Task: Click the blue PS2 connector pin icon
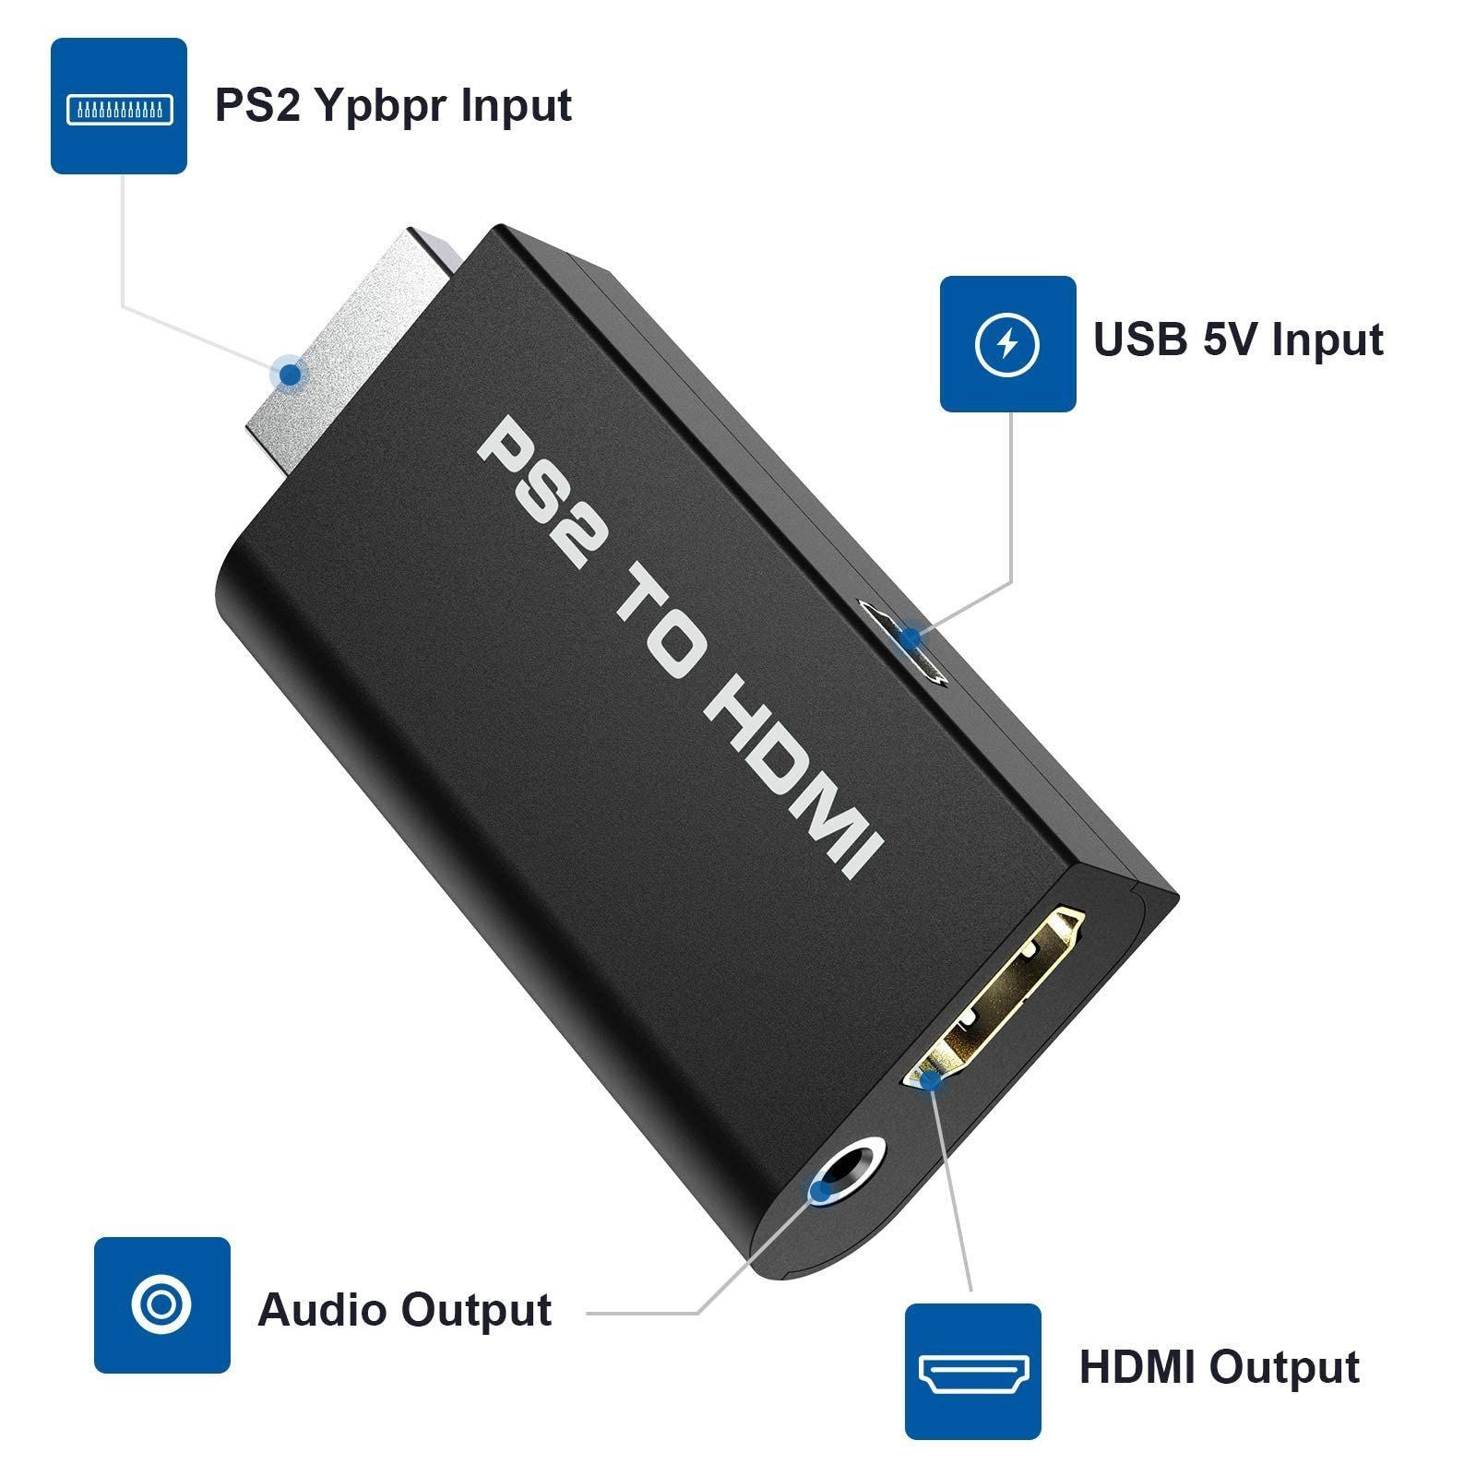pyautogui.click(x=119, y=106)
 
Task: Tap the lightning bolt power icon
pyautogui.click(x=1007, y=344)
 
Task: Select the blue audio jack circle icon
pyautogui.click(x=161, y=1304)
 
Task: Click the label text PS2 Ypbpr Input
pyautogui.click(x=393, y=105)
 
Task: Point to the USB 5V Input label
pyautogui.click(x=1238, y=339)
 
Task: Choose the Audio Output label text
pyautogui.click(x=404, y=1310)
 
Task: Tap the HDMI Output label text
pyautogui.click(x=1219, y=1367)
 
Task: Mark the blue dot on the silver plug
pyautogui.click(x=292, y=375)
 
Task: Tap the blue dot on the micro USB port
pyautogui.click(x=911, y=637)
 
